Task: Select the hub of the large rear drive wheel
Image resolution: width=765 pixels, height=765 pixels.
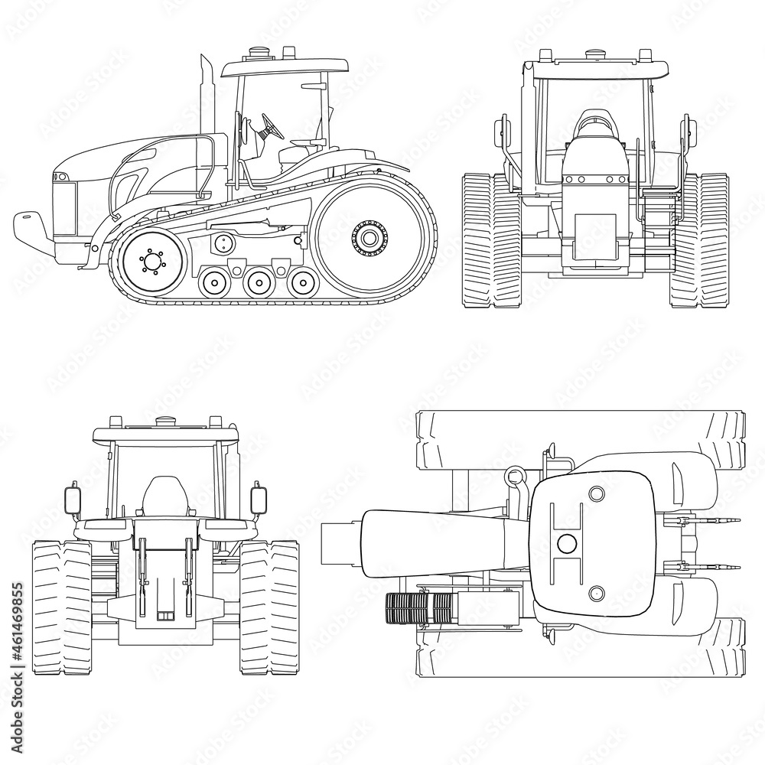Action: pos(369,237)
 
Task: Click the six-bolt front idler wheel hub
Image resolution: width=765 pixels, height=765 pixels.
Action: pos(152,261)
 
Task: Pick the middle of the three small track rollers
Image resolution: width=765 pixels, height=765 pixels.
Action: pos(256,282)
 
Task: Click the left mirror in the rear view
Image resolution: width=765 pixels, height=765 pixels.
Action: pos(75,500)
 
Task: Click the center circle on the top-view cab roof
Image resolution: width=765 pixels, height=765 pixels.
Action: pos(567,543)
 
